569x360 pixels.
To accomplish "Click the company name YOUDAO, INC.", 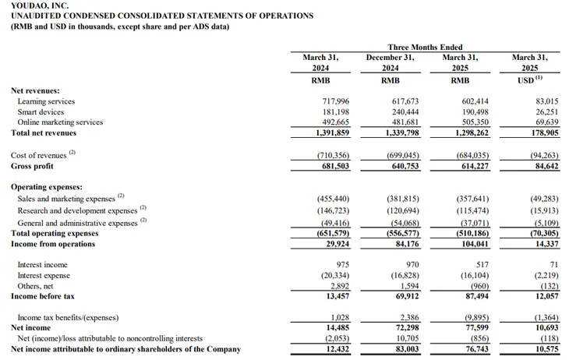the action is pos(40,5).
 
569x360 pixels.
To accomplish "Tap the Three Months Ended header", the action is pos(425,48).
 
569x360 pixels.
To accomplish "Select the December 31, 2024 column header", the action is pos(390,62).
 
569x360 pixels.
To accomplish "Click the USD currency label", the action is pos(530,79).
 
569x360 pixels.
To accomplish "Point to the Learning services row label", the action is pos(46,101).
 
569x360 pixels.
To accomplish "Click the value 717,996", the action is pos(336,101).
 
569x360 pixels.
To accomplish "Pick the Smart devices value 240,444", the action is pos(405,111).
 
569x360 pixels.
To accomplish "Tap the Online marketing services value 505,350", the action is pos(475,122).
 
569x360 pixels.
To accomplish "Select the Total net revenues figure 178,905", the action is pos(545,132).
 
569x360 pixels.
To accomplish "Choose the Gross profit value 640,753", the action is pos(405,166).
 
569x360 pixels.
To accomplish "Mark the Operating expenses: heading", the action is pos(47,187).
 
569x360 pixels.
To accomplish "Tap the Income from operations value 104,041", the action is pos(475,244).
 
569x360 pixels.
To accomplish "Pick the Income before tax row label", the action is pos(42,296).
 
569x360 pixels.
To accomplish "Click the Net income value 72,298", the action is pos(407,328).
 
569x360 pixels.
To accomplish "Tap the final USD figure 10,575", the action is pos(547,349).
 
